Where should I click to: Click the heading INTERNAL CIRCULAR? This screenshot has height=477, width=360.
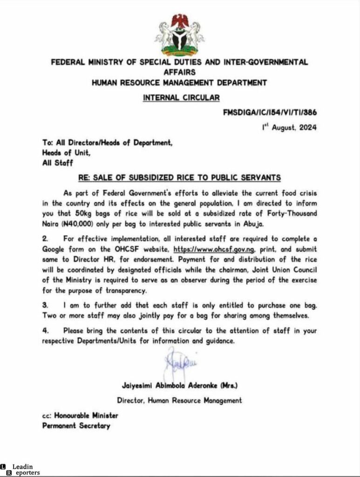180,97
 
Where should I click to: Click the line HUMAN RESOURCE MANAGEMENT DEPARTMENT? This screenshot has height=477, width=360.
179,83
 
